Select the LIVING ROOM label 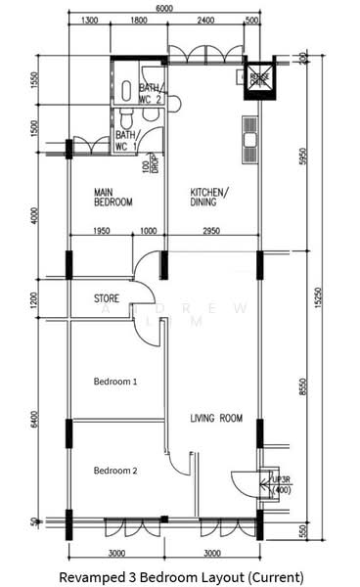[x=216, y=418]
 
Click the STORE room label [x=107, y=297]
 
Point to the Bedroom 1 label [x=115, y=382]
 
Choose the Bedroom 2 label [x=115, y=471]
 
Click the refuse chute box [x=258, y=77]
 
